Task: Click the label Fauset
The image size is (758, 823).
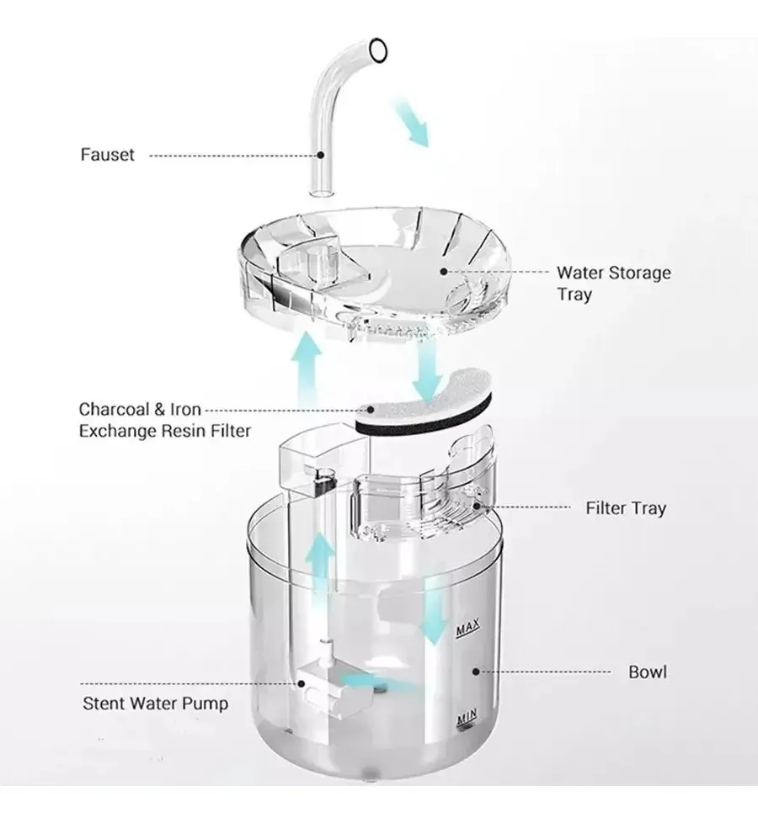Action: coord(107,155)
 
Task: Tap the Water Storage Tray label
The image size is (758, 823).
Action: coord(613,284)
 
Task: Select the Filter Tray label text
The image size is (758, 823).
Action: coord(626,508)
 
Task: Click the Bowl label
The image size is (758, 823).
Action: coord(647,672)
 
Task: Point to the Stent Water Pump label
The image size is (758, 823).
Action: coord(156,704)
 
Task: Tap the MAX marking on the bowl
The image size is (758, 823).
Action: coord(467,628)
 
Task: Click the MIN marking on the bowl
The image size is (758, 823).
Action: coord(467,716)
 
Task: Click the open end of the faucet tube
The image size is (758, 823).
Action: coord(378,51)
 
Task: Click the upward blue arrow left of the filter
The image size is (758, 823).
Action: coord(311,371)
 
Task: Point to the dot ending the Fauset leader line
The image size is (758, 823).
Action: coord(320,155)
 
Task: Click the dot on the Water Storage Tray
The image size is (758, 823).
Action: coord(444,271)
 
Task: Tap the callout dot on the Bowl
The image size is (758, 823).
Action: coord(475,672)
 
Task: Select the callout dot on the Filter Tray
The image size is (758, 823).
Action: coord(477,506)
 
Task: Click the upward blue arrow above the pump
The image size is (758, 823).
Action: coord(319,568)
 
